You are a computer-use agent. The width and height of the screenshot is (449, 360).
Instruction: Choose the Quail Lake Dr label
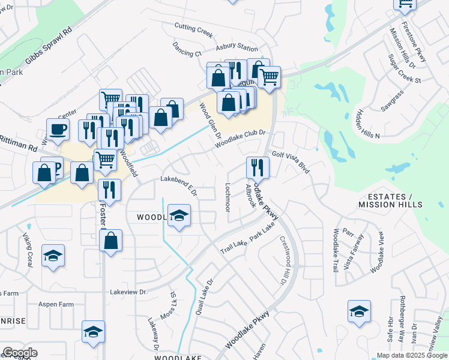coord(205,298)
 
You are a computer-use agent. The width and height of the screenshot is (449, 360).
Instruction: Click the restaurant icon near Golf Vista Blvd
coord(258,167)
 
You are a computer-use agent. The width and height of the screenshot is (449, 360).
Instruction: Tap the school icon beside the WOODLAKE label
coord(178,215)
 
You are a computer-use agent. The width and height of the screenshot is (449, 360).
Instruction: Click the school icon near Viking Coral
coord(53,256)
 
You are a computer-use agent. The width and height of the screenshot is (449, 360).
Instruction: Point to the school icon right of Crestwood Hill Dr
coord(359,311)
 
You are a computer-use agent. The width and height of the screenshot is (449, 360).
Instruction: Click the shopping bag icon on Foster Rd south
coord(111,241)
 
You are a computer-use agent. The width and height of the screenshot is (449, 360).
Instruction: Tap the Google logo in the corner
coord(19,353)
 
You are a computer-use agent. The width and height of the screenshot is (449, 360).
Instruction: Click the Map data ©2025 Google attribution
coord(412,355)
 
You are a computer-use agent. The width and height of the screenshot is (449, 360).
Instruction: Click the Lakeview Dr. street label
coord(128,292)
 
